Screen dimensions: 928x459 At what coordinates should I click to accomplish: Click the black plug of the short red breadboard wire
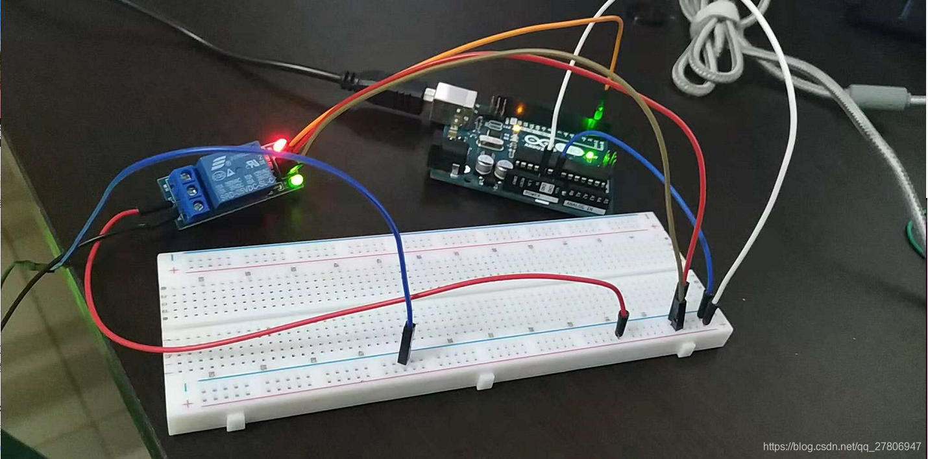tap(622, 323)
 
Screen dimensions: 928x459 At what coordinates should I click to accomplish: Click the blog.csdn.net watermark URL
tap(842, 447)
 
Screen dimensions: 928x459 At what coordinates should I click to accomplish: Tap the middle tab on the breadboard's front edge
tap(485, 381)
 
